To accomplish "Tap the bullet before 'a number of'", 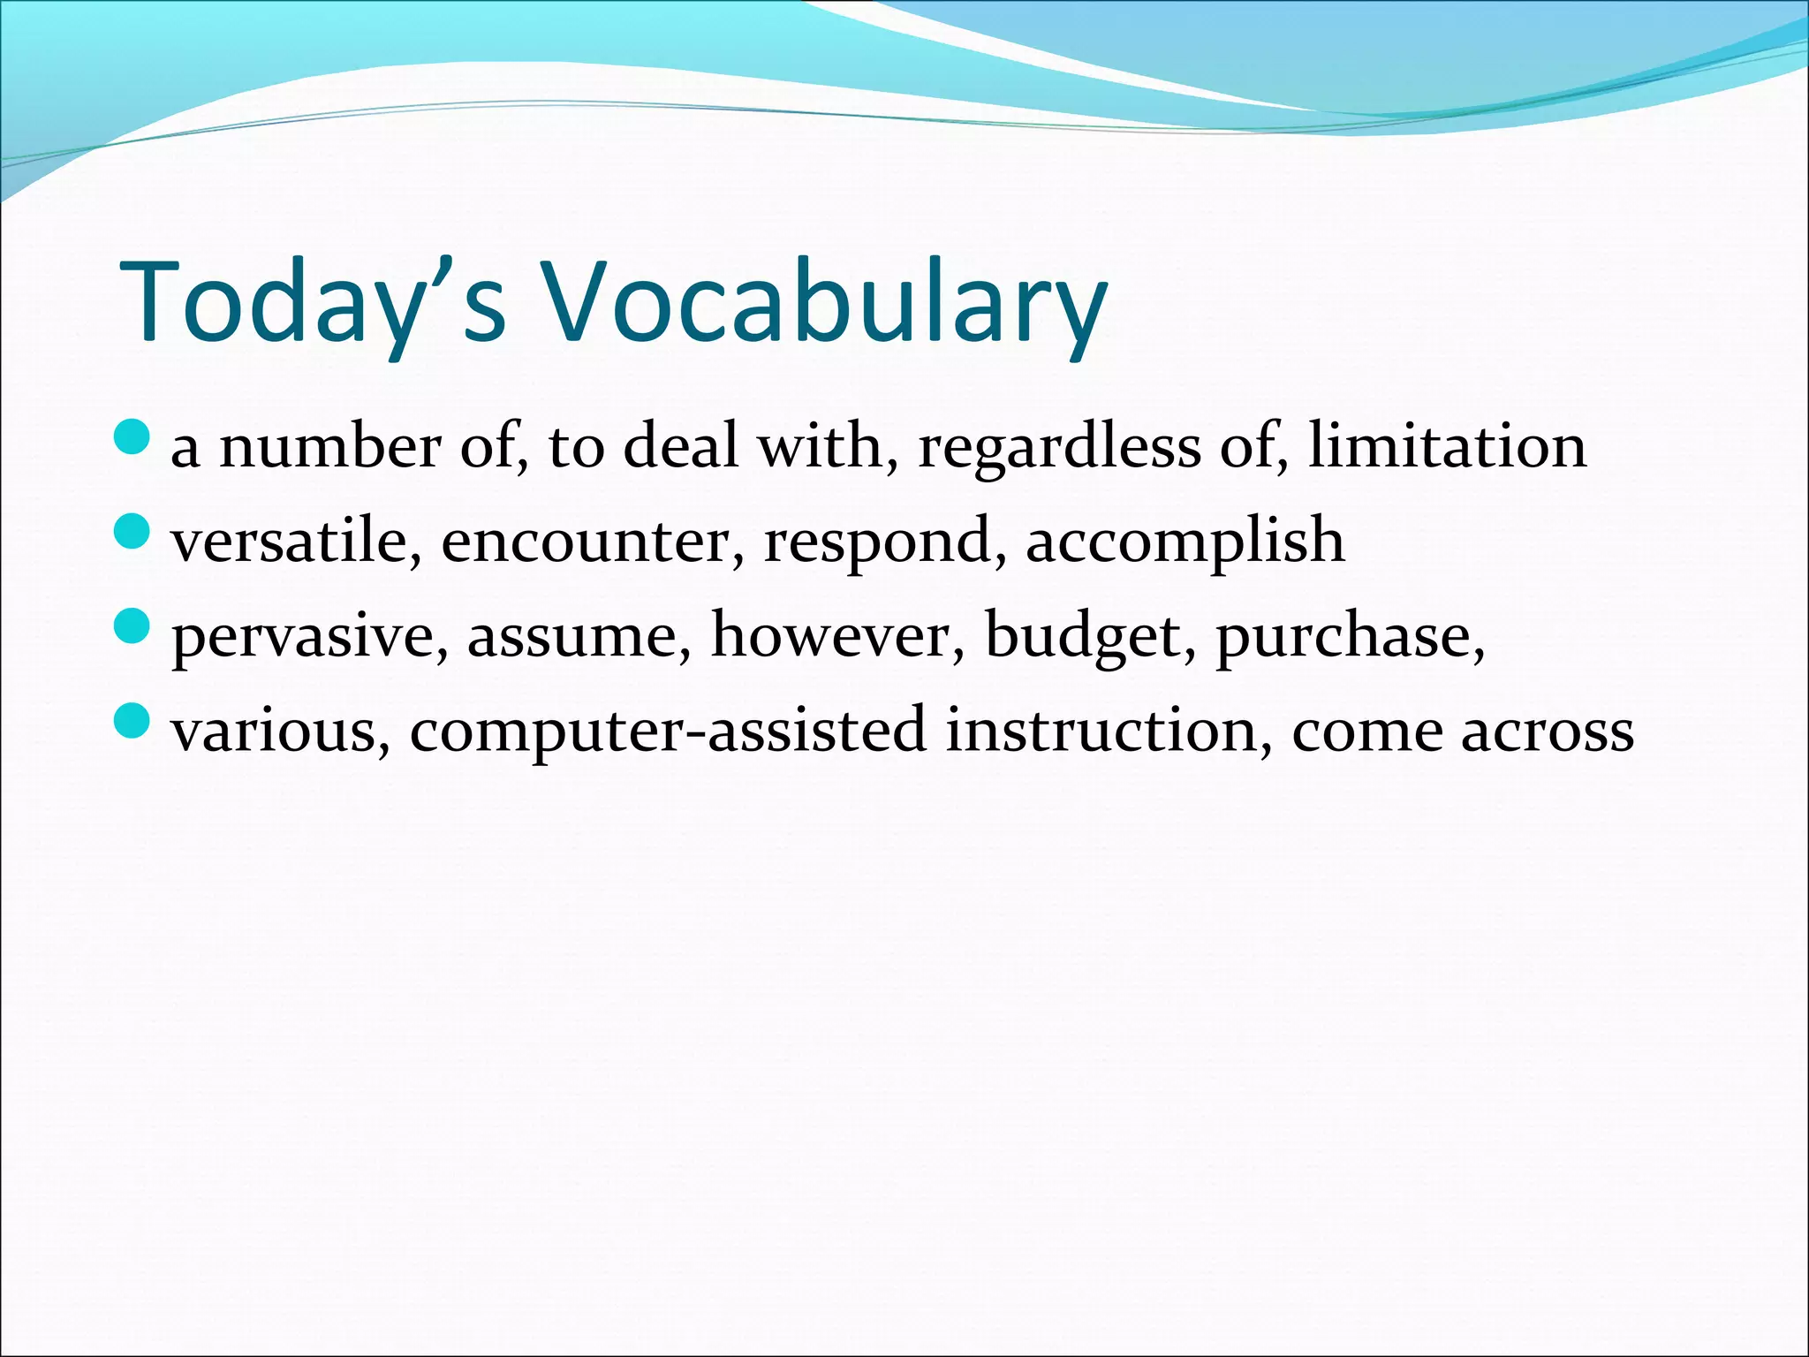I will coord(133,437).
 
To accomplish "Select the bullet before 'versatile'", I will coord(133,532).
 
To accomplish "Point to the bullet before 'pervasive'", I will coord(133,626).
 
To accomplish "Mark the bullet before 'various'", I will coord(133,721).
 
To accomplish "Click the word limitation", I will coord(1447,446).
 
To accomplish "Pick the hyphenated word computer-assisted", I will coord(668,732).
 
